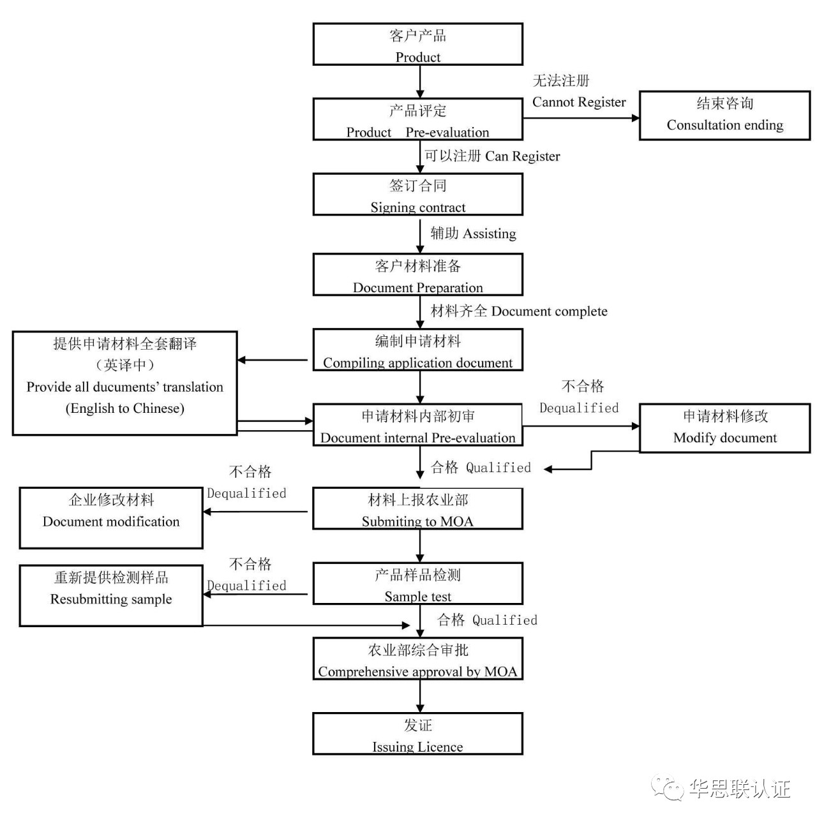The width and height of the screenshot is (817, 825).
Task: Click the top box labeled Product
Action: pos(417,45)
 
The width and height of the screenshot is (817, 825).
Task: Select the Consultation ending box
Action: pos(724,115)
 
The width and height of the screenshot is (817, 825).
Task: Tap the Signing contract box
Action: pos(417,195)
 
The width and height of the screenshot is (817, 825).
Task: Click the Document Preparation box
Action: pos(417,274)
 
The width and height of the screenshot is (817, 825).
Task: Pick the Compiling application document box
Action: pos(417,350)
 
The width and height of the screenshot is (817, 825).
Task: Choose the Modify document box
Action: pos(724,427)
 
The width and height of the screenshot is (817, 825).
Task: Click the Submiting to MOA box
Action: pos(417,509)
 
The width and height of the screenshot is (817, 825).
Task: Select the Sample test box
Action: pos(417,583)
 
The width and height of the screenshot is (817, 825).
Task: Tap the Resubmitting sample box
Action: pos(111,595)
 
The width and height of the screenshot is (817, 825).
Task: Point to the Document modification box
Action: pos(111,517)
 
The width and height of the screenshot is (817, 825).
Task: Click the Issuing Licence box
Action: pos(417,734)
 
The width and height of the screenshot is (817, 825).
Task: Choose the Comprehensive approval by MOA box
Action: pos(417,658)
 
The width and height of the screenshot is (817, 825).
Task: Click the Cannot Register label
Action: pos(579,102)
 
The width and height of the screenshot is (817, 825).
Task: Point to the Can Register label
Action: pos(523,156)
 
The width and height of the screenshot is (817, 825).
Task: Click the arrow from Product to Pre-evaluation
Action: pos(420,81)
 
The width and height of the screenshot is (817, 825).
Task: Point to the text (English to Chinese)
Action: pos(125,408)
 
